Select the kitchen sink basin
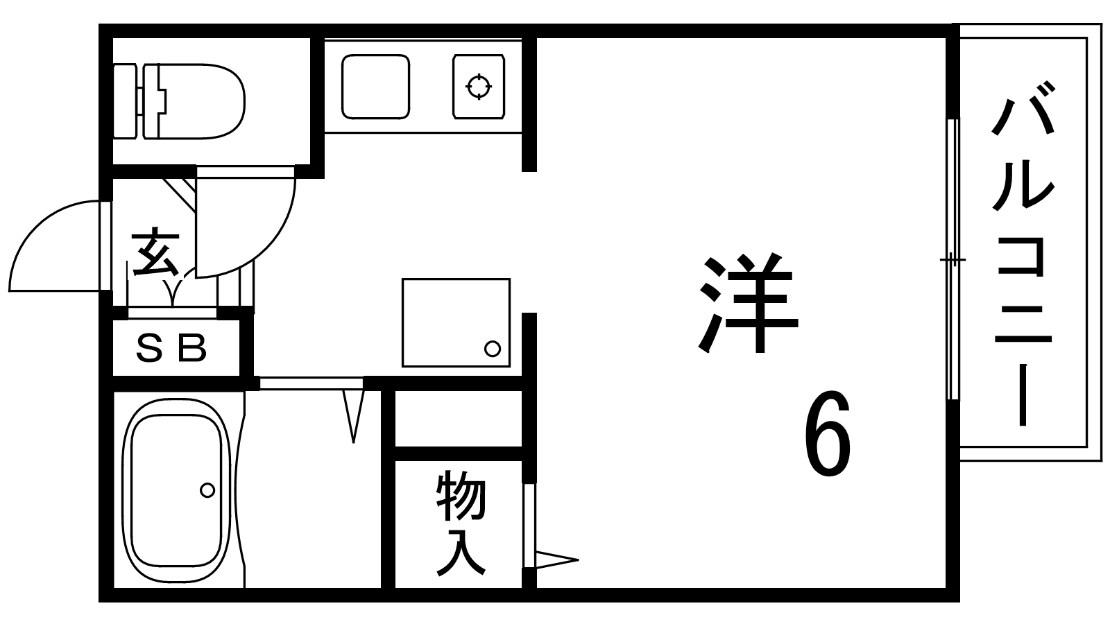point(375,87)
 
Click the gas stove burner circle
point(478,87)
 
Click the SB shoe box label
point(171,349)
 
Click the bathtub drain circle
point(207,490)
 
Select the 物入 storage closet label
point(460,523)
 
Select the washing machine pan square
point(456,322)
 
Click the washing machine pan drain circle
point(492,349)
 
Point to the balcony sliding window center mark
point(953,261)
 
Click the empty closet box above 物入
point(459,418)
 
